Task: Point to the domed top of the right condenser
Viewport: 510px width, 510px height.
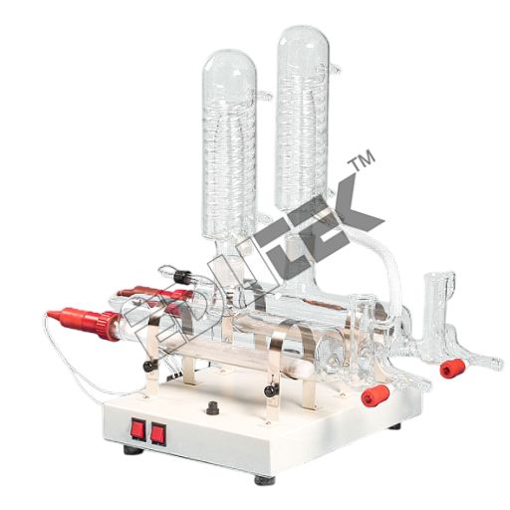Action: coord(303,45)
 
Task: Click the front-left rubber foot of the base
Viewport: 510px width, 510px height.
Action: coord(132,449)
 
